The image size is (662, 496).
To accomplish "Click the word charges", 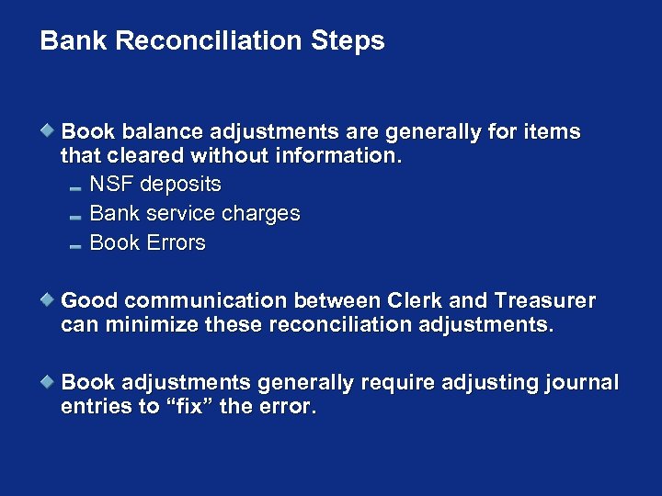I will coord(261,214).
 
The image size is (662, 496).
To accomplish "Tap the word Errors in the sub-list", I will coord(176,243).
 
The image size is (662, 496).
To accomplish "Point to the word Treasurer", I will coord(544,301).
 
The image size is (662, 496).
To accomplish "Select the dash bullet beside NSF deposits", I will coord(75,187).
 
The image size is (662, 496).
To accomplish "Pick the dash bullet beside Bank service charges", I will coord(75,217).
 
